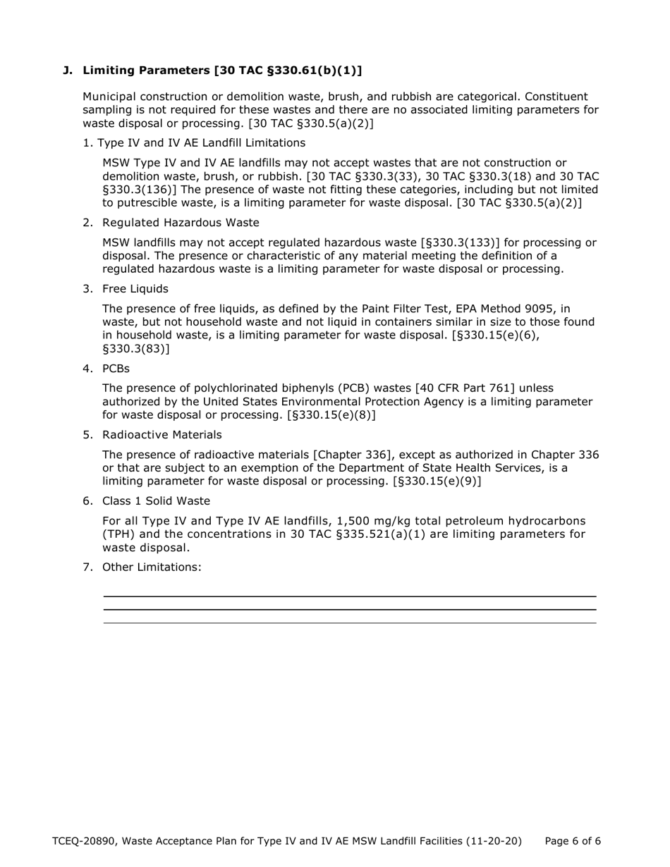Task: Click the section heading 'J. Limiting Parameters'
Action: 212,70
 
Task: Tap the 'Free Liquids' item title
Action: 135,289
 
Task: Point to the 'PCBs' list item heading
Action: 116,369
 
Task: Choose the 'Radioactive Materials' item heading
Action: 162,435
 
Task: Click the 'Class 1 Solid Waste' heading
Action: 156,501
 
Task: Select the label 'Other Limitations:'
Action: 152,567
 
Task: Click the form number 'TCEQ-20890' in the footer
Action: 84,841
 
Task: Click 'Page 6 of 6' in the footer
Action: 573,841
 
